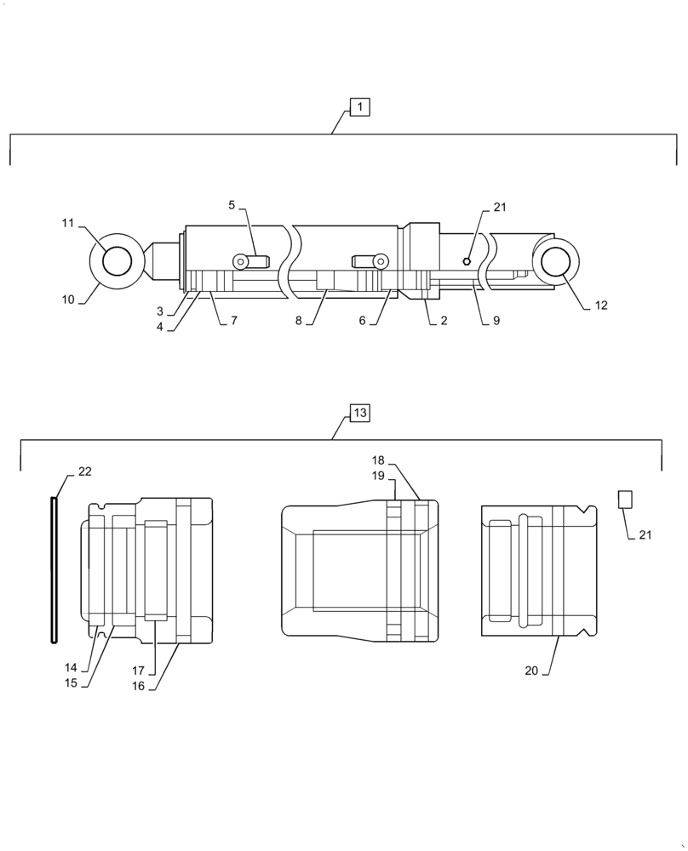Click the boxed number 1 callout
point(359,107)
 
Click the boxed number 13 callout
point(359,414)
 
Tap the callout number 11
point(67,223)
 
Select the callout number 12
point(600,306)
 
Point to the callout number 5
point(232,205)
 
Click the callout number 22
point(84,471)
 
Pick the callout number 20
point(533,671)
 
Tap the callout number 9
point(496,321)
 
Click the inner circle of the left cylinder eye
point(118,260)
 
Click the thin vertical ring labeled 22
point(54,570)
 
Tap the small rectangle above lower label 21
point(624,500)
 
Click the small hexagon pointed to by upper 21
point(467,261)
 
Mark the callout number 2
point(444,321)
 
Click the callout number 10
point(67,300)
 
